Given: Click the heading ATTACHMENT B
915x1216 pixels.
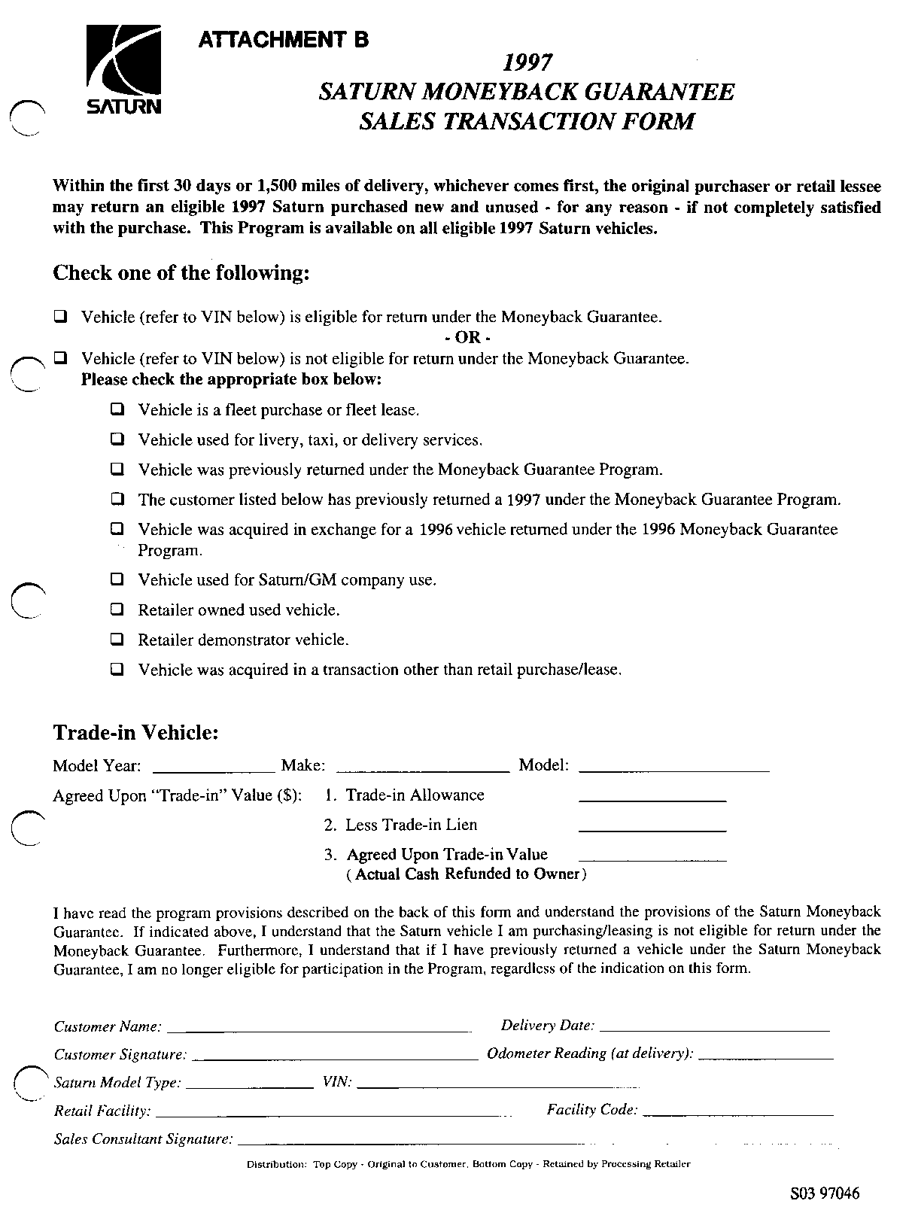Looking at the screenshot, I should point(283,40).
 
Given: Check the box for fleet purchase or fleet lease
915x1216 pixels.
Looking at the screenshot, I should point(117,410).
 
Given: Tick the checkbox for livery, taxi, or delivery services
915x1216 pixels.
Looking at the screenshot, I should point(117,439).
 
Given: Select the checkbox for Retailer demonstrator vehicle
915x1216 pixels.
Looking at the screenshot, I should point(117,640).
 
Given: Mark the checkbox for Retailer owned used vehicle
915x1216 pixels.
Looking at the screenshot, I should point(117,610).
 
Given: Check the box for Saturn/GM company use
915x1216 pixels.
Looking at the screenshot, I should point(117,580).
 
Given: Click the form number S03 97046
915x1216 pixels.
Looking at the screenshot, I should point(824,1193).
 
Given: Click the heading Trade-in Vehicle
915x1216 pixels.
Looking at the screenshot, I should point(135,732).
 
